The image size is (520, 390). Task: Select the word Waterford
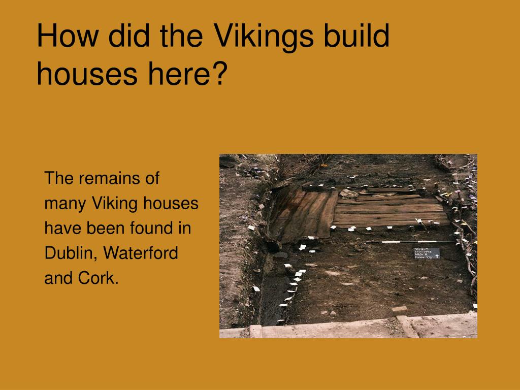coord(142,253)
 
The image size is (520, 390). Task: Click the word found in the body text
coord(150,228)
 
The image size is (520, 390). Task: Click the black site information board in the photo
coord(427,252)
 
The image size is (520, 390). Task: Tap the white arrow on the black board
coord(436,256)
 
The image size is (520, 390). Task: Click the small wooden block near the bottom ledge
coord(399,309)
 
